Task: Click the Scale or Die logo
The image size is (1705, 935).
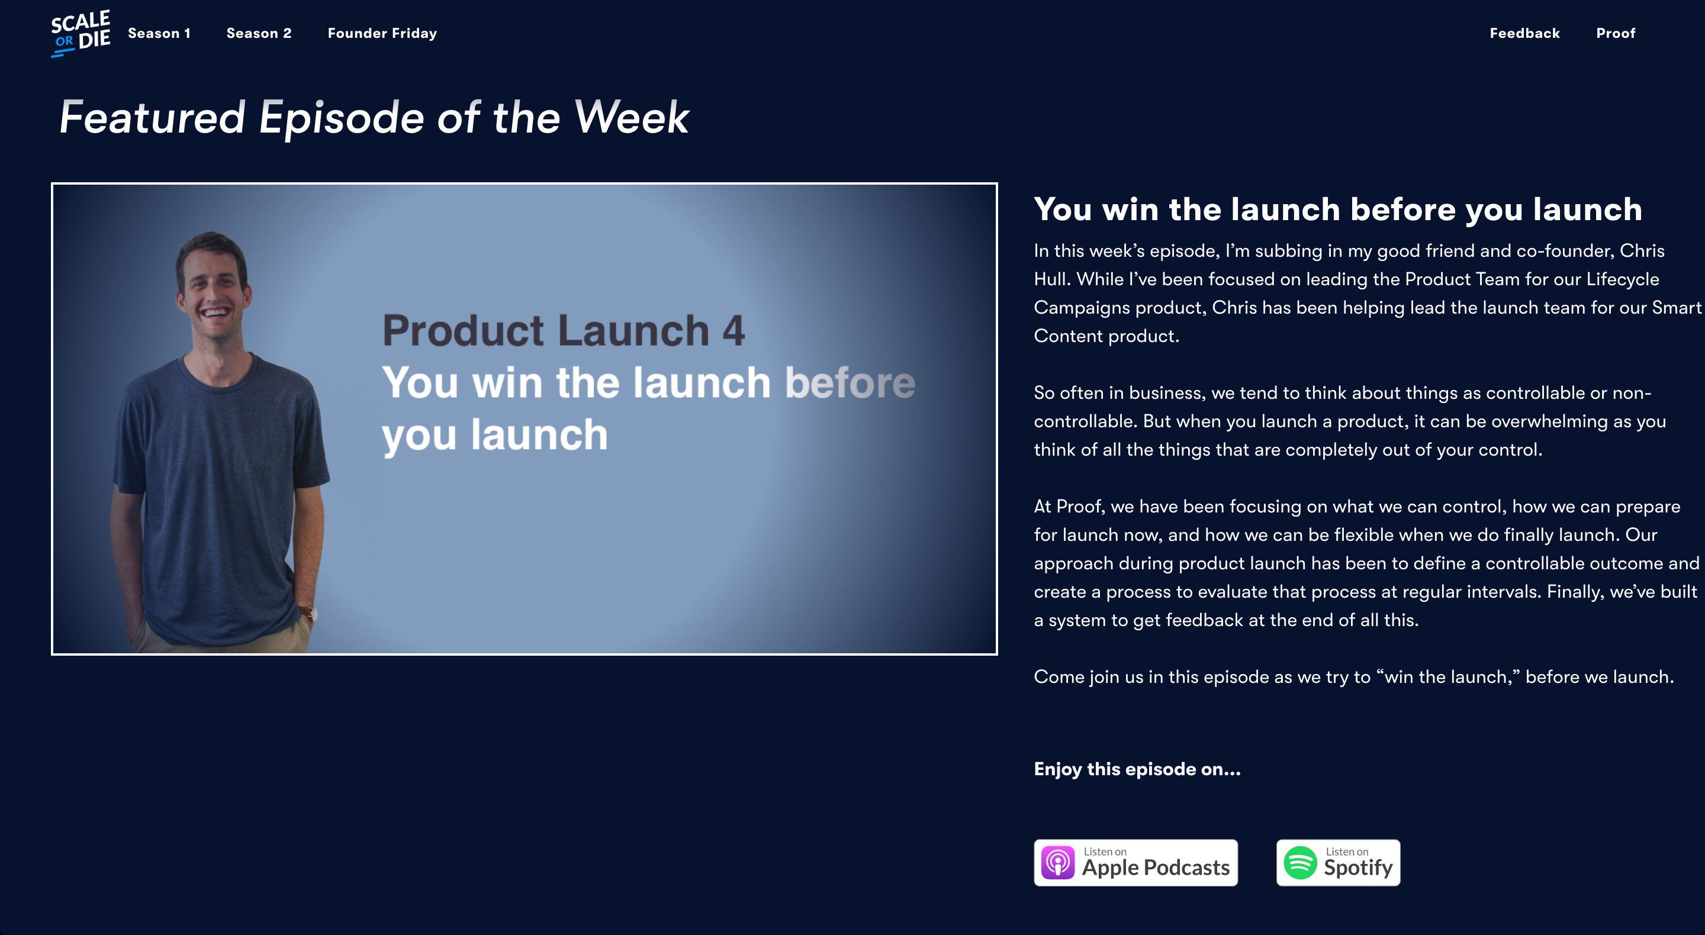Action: point(81,33)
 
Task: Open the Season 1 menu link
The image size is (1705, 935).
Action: point(159,33)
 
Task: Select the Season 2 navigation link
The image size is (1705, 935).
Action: point(259,33)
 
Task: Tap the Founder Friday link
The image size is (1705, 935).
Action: point(382,33)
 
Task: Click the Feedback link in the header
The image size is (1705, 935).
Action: point(1524,33)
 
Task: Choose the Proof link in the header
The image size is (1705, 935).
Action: point(1615,33)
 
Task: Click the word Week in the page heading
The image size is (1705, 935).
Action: point(632,117)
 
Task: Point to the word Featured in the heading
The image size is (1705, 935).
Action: point(152,117)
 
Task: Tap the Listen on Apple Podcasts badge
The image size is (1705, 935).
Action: point(1136,862)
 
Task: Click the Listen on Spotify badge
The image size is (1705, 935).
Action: point(1338,862)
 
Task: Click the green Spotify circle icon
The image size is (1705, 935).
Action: point(1300,863)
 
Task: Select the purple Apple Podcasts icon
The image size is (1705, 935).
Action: point(1058,863)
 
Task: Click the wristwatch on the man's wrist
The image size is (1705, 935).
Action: point(307,610)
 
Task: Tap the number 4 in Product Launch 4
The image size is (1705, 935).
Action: point(734,331)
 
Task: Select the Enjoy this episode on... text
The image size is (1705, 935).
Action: point(1137,769)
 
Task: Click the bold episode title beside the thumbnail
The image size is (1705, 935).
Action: point(1338,209)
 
